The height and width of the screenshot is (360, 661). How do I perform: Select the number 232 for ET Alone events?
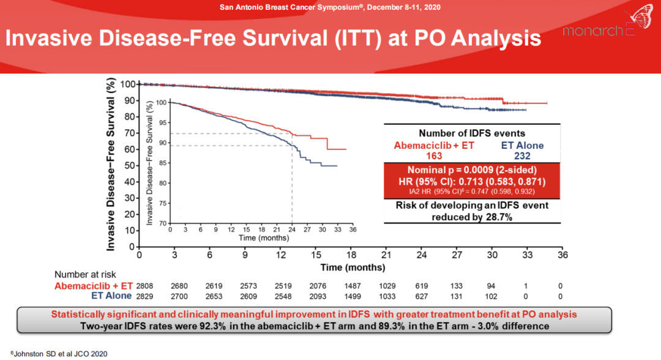[x=514, y=156]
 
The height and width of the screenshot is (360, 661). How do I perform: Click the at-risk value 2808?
[x=144, y=286]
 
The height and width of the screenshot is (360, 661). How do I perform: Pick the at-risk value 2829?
[x=144, y=296]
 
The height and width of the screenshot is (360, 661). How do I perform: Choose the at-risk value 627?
[x=422, y=296]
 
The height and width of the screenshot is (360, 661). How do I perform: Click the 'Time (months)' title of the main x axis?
[x=353, y=267]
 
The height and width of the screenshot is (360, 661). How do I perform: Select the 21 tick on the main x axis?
[x=386, y=255]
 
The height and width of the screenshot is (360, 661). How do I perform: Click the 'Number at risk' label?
[x=85, y=275]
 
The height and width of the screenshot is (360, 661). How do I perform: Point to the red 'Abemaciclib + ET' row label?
[x=94, y=286]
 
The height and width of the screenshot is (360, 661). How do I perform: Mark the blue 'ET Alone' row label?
[x=111, y=296]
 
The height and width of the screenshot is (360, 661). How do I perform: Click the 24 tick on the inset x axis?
[x=292, y=230]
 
